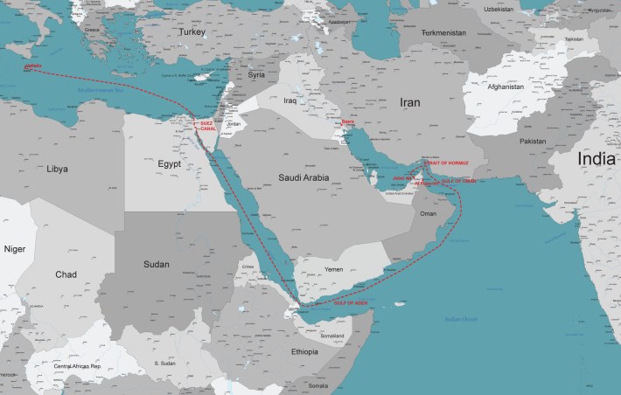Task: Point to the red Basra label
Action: tap(348, 122)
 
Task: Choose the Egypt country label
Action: tap(170, 163)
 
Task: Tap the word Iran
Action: tap(409, 102)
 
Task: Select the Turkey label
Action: tap(191, 31)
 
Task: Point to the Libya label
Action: tap(57, 166)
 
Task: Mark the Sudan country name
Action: tap(157, 262)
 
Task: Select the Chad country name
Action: tap(66, 274)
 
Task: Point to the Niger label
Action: tap(14, 248)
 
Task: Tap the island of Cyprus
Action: tap(205, 76)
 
